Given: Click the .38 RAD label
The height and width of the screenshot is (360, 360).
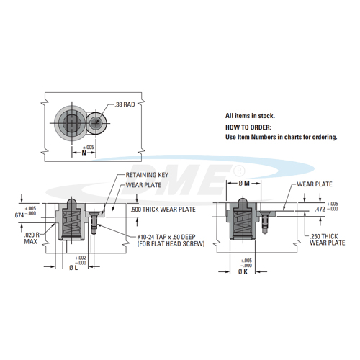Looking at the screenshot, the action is (x=125, y=104).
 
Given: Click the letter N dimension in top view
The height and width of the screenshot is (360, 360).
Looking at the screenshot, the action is (x=84, y=153).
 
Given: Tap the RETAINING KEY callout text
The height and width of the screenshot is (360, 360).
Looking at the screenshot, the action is (x=147, y=175).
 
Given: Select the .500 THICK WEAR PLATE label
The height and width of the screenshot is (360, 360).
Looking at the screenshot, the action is (x=163, y=210).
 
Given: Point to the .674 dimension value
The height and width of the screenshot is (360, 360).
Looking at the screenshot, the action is (x=19, y=215).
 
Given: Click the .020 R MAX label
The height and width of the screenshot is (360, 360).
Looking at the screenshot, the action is (x=31, y=238).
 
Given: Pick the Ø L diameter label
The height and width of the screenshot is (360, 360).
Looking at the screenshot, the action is (x=73, y=268).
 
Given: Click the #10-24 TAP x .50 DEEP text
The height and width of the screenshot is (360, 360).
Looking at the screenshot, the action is (x=166, y=237).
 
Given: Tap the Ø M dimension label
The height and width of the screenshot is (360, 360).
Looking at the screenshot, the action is (x=244, y=184).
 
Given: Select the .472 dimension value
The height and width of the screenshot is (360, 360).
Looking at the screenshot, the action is (x=320, y=210).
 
